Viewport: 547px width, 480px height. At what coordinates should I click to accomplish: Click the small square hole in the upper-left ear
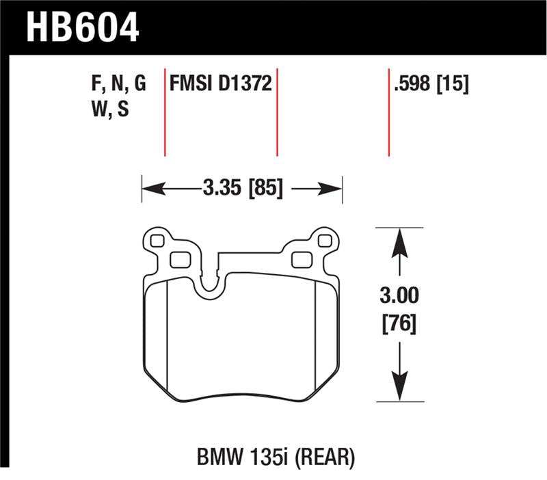point(157,241)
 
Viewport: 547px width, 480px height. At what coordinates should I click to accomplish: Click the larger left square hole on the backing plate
point(178,259)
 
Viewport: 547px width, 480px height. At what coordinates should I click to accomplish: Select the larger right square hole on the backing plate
point(302,259)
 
